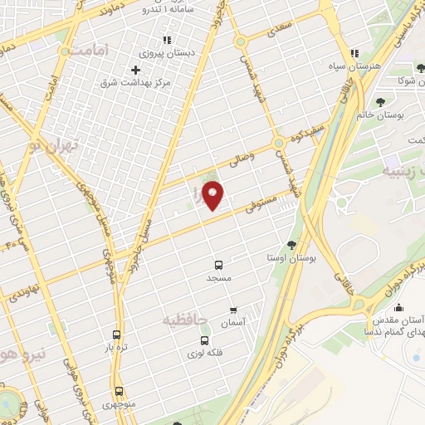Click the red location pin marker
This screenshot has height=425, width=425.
[x=213, y=196]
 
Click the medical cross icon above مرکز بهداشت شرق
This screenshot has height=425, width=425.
[x=134, y=69]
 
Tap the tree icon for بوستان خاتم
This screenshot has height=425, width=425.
[x=380, y=102]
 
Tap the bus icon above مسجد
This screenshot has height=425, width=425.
[x=219, y=265]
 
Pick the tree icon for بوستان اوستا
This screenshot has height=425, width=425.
[x=291, y=245]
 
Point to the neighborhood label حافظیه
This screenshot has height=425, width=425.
[x=183, y=319]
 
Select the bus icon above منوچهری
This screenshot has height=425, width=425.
[x=118, y=390]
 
